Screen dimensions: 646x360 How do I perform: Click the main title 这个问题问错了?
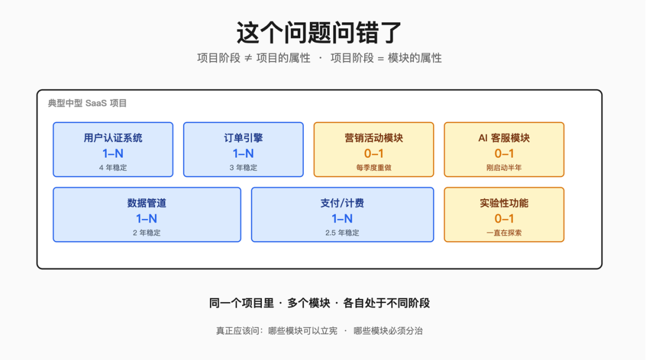click(x=319, y=32)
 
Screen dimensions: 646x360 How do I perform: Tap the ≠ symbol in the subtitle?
click(x=248, y=59)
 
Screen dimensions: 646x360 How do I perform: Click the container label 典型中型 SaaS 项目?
click(x=87, y=103)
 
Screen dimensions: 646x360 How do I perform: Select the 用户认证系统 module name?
click(x=113, y=138)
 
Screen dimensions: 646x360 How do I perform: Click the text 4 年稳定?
click(x=113, y=167)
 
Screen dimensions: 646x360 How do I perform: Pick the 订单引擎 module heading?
click(x=243, y=138)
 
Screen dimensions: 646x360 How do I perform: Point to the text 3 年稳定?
click(x=243, y=167)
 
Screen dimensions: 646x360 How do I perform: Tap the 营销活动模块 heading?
click(x=374, y=138)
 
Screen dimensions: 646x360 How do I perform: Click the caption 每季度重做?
click(x=374, y=167)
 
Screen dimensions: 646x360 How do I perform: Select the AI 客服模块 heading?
click(x=504, y=138)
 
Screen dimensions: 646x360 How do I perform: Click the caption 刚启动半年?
click(x=504, y=167)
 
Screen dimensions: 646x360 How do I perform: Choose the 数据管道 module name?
click(x=147, y=203)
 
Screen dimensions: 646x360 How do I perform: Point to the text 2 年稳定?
click(x=147, y=233)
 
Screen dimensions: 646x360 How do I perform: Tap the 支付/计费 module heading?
click(x=342, y=203)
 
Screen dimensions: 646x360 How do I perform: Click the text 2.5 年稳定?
click(x=342, y=233)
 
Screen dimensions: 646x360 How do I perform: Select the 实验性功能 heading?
click(x=504, y=203)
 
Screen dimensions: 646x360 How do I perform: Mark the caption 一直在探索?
click(x=504, y=233)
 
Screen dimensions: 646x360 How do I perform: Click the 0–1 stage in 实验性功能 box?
click(x=504, y=219)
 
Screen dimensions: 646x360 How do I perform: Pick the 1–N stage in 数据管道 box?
click(x=147, y=219)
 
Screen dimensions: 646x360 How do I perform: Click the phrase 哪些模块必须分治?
click(x=388, y=331)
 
